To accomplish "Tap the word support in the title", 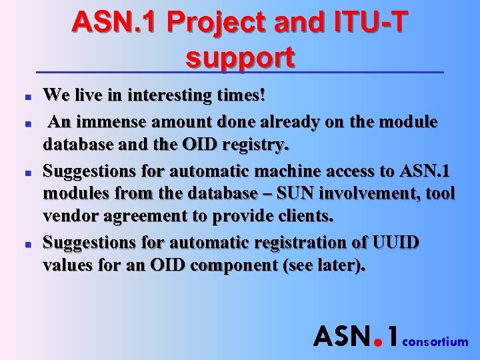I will (240, 58).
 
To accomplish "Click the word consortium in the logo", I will (437, 342).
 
